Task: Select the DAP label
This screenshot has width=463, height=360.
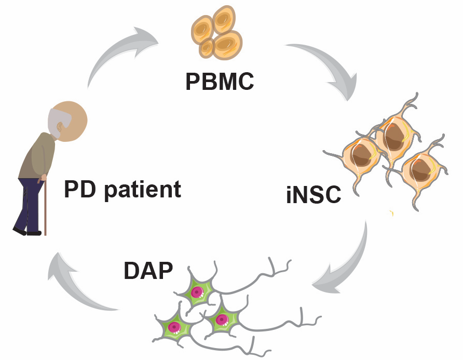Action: pyautogui.click(x=148, y=270)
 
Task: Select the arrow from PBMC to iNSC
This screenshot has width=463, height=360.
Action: pyautogui.click(x=328, y=68)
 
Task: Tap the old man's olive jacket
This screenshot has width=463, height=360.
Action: pyautogui.click(x=39, y=156)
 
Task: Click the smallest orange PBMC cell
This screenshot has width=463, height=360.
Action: pyautogui.click(x=207, y=48)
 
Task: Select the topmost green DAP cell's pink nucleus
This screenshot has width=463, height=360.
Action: pyautogui.click(x=197, y=292)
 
